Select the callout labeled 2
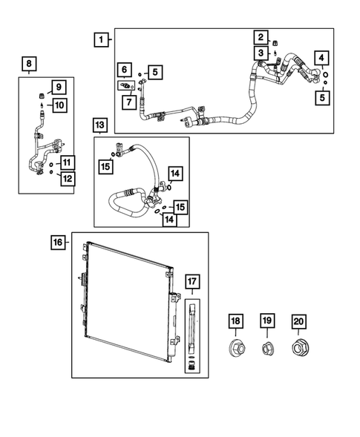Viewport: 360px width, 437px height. coord(261,37)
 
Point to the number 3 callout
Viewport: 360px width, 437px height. coord(261,53)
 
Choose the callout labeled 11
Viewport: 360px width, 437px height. coord(66,162)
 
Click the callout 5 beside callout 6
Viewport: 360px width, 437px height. coord(154,72)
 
